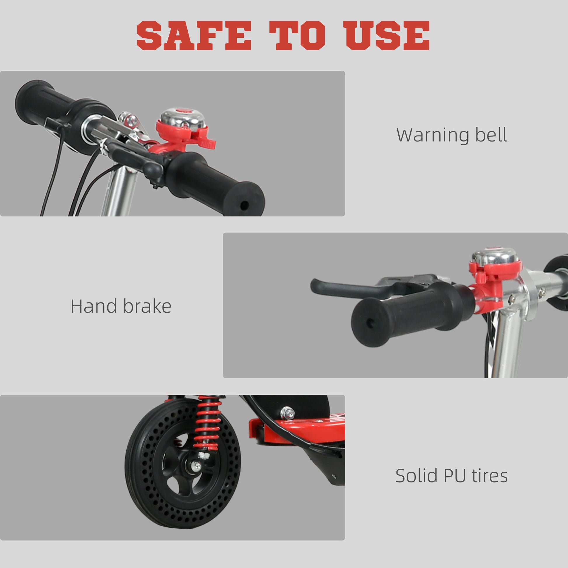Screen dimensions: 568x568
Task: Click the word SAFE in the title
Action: point(194,36)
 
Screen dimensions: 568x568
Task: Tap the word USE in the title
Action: point(388,36)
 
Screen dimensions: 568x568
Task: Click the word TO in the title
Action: point(297,36)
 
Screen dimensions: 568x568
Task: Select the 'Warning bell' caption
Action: point(452,135)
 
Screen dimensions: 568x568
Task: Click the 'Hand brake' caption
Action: point(121,306)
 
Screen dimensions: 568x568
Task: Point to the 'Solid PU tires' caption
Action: point(452,476)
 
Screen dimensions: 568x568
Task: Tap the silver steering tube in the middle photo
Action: point(509,347)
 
